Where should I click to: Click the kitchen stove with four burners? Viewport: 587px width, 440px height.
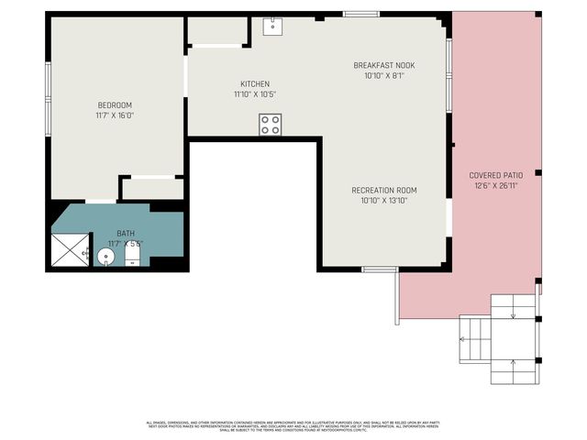click(x=270, y=125)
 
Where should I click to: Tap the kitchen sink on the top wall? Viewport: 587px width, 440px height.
click(x=272, y=27)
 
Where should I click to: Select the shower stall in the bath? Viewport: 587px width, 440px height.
click(x=70, y=248)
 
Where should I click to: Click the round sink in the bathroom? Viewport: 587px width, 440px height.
click(x=106, y=257)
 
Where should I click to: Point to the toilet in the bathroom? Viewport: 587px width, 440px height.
click(x=131, y=256)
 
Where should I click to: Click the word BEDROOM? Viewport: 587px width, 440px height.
click(x=115, y=104)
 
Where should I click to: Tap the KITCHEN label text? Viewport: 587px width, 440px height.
click(x=254, y=83)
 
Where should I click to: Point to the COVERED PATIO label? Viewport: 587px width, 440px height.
click(x=497, y=175)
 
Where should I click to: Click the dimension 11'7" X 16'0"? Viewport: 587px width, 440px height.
click(x=115, y=115)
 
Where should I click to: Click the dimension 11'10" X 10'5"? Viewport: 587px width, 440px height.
click(x=254, y=93)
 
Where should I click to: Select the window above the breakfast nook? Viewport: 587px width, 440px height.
click(x=361, y=14)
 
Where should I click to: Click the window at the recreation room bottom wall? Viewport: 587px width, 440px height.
click(x=379, y=269)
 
